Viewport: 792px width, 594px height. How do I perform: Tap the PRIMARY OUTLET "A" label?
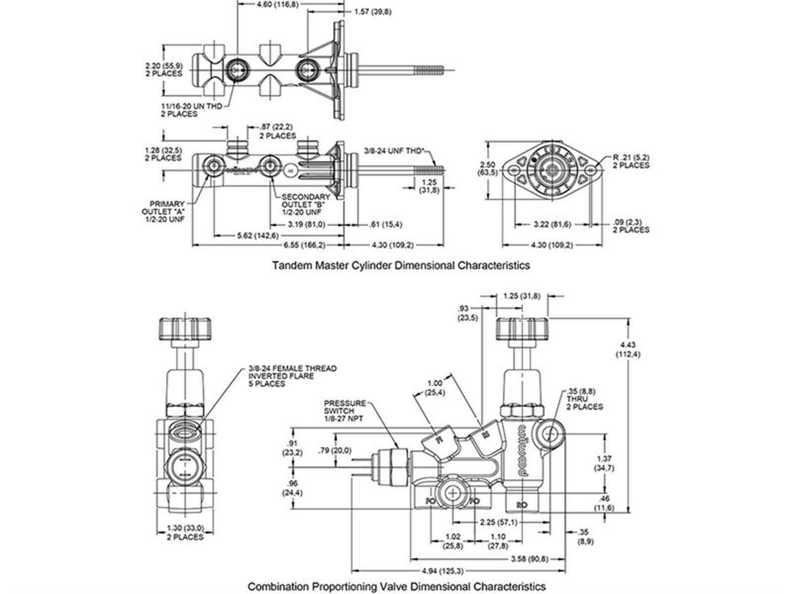167,211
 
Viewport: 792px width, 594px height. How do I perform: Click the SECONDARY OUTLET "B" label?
305,204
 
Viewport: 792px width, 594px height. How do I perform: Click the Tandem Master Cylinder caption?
401,265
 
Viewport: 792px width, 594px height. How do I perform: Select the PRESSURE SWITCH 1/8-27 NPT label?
345,411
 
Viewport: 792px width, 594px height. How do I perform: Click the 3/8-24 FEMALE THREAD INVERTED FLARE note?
292,376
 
